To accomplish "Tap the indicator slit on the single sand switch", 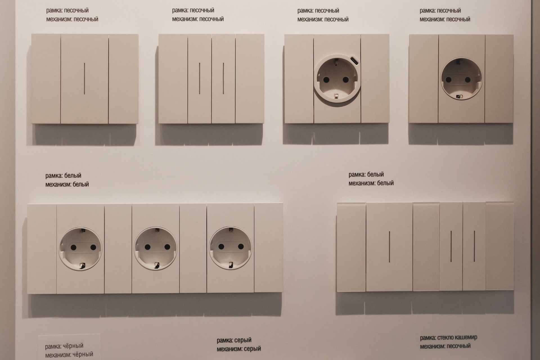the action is [84, 78].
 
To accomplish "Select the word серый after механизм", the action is [252, 349].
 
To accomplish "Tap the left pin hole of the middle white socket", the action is [147, 247].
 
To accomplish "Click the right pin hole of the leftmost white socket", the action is [93, 247].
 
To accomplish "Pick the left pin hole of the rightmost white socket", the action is [221, 247].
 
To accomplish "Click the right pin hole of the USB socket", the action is [346, 80].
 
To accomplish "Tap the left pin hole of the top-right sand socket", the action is [449, 80].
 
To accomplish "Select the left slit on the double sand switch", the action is [199, 78].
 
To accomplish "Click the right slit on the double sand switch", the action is [223, 78].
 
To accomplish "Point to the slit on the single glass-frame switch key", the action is [390, 247].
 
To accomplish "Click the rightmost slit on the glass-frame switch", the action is [474, 246].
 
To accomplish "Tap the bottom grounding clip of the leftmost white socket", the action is [82, 265].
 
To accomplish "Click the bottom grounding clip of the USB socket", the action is [335, 96].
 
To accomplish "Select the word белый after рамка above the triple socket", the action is [73, 175].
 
